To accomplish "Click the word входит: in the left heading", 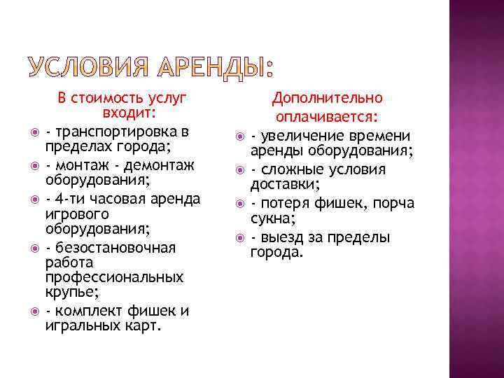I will click(129, 114).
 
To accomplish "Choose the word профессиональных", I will click(114, 278).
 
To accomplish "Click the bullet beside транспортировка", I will click(33, 132).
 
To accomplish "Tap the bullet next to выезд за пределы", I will click(239, 238).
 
